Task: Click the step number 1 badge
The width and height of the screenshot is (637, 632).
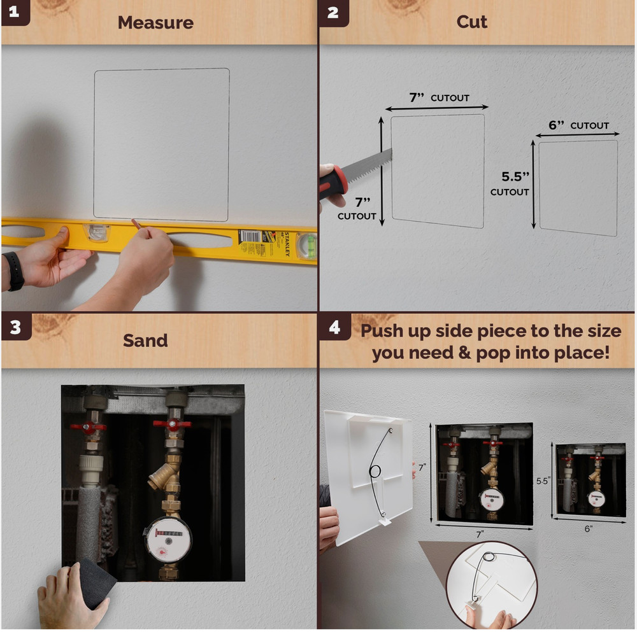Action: (x=15, y=12)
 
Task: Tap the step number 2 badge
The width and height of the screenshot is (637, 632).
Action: (x=333, y=13)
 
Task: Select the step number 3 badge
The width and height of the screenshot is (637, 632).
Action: (x=15, y=327)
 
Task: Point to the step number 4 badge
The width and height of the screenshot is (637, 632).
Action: (x=335, y=327)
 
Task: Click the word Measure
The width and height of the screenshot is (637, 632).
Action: (x=155, y=23)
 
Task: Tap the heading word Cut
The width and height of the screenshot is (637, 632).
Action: (x=471, y=22)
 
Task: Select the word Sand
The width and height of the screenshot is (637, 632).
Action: (x=145, y=341)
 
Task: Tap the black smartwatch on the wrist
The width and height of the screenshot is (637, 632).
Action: (x=15, y=271)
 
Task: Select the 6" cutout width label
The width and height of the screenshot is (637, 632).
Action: (x=578, y=125)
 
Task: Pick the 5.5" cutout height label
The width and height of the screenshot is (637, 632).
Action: (x=510, y=183)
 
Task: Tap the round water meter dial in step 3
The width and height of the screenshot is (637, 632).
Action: (x=168, y=539)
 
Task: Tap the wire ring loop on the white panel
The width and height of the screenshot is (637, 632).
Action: (x=375, y=471)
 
